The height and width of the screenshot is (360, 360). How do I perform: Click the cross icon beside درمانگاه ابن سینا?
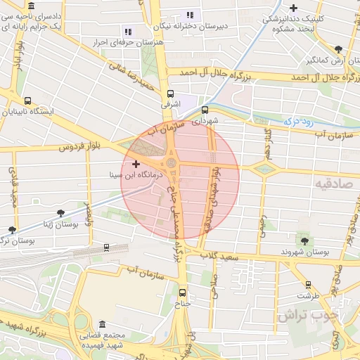coord(136,163)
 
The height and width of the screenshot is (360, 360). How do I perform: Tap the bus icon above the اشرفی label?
coord(170,93)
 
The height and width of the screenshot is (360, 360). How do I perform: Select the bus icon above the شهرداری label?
coord(205,110)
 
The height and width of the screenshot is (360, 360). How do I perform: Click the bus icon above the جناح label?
coord(183,292)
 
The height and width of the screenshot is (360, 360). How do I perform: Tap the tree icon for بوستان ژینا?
coord(60,212)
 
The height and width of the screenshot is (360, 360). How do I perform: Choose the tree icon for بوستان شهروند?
coord(303,240)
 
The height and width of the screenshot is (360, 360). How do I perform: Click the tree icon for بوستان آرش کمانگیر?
coord(339,49)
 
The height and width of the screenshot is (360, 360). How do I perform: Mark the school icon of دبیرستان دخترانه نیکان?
coord(188,15)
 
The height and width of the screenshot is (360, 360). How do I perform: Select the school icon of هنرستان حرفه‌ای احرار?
coord(127,31)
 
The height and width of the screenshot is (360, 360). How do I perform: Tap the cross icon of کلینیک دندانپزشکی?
coord(293,7)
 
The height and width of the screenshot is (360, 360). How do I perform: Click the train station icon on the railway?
coord(106,247)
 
